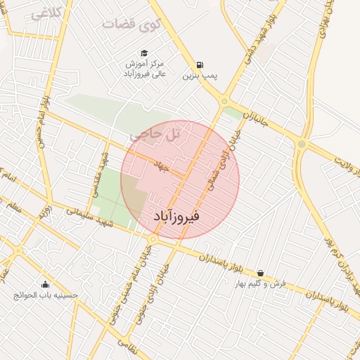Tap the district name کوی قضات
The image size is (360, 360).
point(132,24)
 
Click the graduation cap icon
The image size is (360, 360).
point(144,53)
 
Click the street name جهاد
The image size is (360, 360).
point(162,163)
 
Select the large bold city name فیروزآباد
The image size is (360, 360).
point(176,217)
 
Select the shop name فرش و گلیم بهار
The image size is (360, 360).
point(260,284)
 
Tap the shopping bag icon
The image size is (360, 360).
point(260,273)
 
